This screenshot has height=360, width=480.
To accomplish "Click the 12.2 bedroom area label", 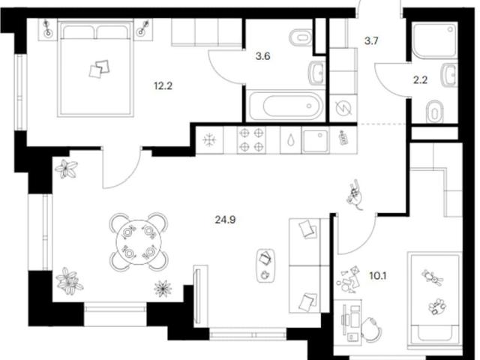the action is (x=163, y=86).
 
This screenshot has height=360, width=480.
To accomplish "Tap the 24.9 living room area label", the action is (x=225, y=220).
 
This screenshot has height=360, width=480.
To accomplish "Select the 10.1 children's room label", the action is (x=378, y=276).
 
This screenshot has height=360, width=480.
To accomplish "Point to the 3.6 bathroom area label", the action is (x=262, y=56).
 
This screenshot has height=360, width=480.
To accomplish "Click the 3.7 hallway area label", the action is (x=371, y=40).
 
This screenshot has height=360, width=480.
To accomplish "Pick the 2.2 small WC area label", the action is (x=420, y=80).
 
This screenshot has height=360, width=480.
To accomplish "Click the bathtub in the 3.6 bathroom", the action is (x=286, y=106).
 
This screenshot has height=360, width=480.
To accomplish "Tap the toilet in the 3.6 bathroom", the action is (x=301, y=37).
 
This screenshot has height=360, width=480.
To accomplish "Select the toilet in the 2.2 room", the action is (x=435, y=111).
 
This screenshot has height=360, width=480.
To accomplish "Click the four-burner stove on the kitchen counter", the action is (x=251, y=140).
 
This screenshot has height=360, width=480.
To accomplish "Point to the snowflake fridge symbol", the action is (x=210, y=140).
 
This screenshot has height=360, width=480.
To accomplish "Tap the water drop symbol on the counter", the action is (x=290, y=140).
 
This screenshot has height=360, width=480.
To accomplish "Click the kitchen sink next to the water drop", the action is (x=316, y=140).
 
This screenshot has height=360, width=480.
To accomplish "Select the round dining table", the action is (x=139, y=241).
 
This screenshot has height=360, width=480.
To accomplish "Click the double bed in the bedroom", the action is (x=95, y=67).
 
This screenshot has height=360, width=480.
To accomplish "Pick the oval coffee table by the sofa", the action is (x=265, y=265).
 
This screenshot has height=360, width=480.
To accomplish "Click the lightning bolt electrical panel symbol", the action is (x=343, y=108).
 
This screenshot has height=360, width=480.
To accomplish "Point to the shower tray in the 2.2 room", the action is (x=434, y=40).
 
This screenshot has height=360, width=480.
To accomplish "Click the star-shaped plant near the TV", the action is (x=163, y=288).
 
